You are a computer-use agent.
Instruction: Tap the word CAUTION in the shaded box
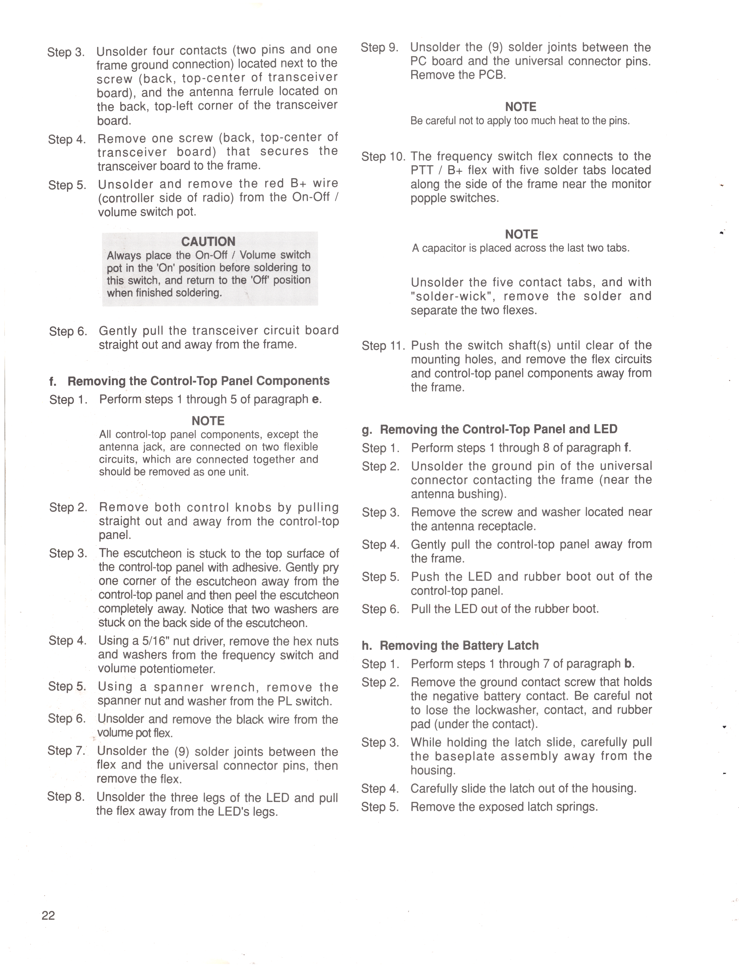pyautogui.click(x=209, y=241)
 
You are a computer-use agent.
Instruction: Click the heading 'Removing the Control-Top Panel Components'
pyautogui.click(x=198, y=381)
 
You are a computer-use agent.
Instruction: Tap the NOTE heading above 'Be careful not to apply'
pyautogui.click(x=521, y=107)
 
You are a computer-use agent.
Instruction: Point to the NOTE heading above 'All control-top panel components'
pyautogui.click(x=208, y=421)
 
